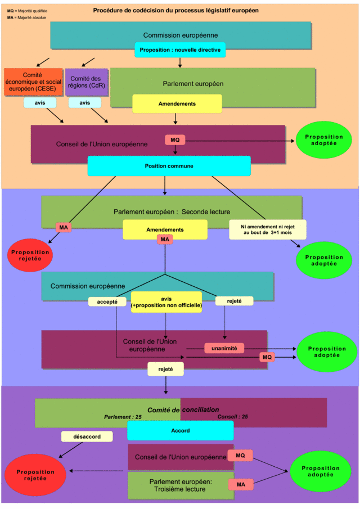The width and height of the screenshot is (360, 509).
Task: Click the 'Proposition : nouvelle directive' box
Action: (180, 50)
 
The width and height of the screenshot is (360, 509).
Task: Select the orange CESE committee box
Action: (33, 82)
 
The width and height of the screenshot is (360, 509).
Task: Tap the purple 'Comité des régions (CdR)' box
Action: (87, 82)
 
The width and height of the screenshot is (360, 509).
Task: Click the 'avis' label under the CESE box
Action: (40, 102)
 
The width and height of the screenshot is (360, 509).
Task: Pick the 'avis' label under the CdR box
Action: (85, 102)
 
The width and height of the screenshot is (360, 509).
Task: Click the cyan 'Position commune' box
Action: (169, 166)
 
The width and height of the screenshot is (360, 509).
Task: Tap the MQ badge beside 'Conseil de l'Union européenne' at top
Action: (175, 140)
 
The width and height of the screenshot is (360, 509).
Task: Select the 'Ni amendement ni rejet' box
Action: (268, 229)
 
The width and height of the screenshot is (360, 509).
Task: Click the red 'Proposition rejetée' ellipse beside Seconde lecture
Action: (30, 255)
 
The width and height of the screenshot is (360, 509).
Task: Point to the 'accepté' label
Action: (107, 301)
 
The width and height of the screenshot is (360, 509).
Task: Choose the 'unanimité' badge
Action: (224, 348)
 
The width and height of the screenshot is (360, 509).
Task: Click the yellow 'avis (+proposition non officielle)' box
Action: (166, 302)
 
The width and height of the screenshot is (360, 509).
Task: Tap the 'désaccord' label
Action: (87, 436)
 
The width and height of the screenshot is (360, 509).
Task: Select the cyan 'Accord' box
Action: (181, 430)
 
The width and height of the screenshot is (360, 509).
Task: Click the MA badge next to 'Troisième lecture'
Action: (241, 484)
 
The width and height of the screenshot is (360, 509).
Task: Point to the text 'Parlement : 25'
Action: (123, 417)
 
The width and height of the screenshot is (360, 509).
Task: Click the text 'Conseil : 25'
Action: (232, 417)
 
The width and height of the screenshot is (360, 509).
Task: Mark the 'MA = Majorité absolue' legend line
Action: (26, 17)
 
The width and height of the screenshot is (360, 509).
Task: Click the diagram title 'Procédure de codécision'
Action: (176, 10)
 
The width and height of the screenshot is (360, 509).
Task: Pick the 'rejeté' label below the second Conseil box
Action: (165, 369)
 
